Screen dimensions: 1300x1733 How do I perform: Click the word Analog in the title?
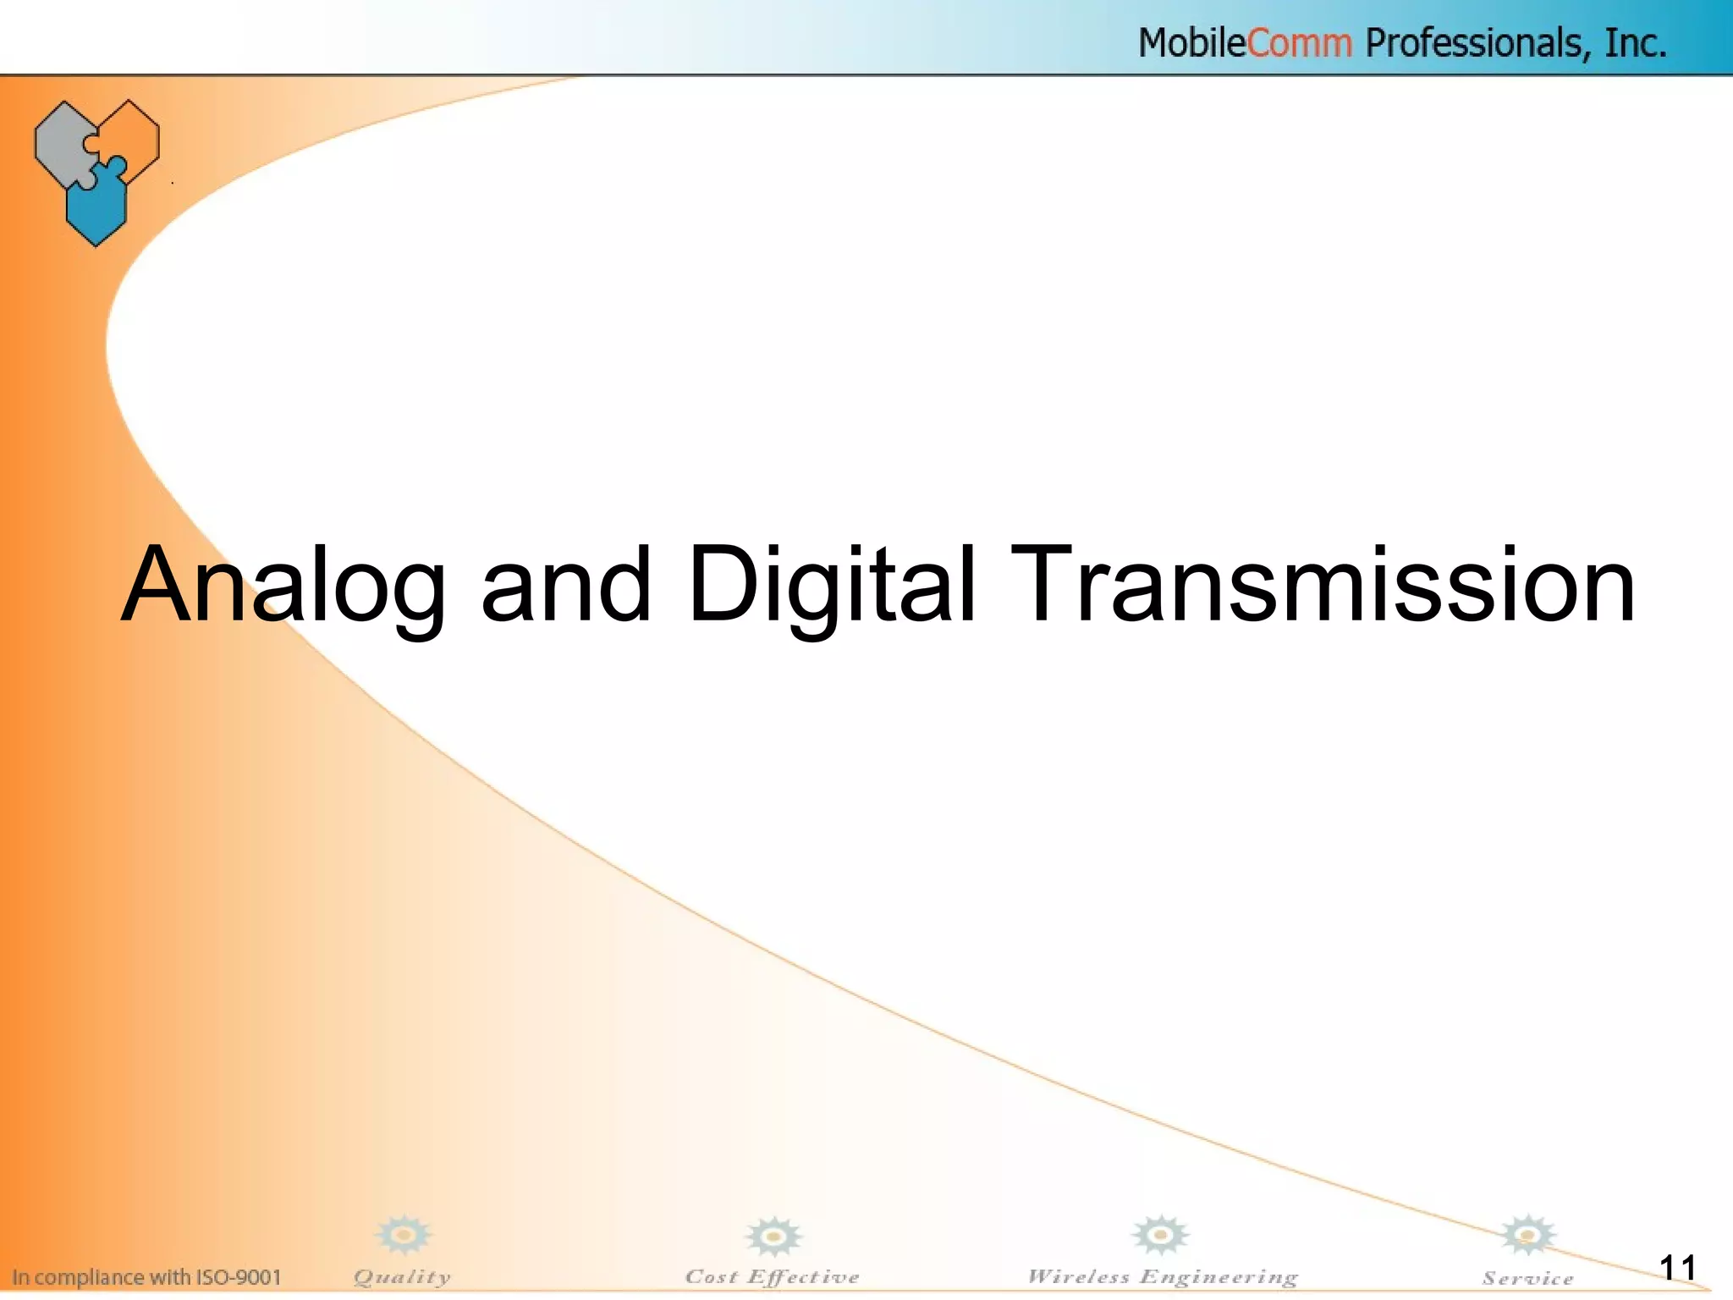[x=283, y=586]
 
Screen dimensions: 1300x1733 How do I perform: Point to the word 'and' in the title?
[x=566, y=586]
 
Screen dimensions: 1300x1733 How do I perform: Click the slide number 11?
[x=1677, y=1268]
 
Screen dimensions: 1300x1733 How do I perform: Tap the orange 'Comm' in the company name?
[x=1299, y=42]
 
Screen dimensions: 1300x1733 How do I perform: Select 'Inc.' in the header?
[x=1635, y=42]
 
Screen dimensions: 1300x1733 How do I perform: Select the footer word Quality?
[x=402, y=1277]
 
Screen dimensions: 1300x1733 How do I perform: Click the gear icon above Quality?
[x=404, y=1236]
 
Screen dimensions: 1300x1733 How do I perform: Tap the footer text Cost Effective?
[x=772, y=1277]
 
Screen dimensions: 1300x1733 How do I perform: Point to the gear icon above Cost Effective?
[x=773, y=1237]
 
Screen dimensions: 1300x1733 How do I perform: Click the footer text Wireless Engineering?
[x=1162, y=1277]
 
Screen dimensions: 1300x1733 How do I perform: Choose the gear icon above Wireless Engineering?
[x=1160, y=1236]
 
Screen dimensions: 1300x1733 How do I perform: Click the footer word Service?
[x=1527, y=1279]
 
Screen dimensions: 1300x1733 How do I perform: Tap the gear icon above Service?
[x=1527, y=1236]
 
